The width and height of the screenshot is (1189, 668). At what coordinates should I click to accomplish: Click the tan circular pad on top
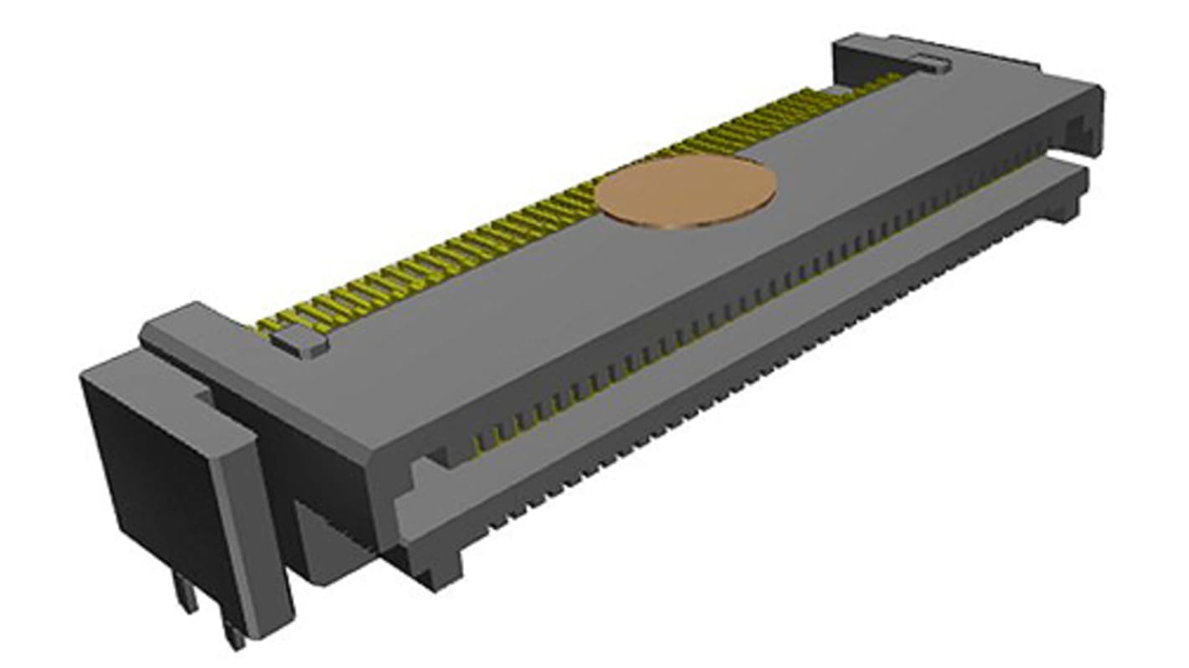click(x=687, y=191)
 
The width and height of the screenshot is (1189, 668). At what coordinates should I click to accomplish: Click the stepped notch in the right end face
click(x=1080, y=130)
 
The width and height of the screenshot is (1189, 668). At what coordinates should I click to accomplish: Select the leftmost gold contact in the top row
click(x=266, y=325)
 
